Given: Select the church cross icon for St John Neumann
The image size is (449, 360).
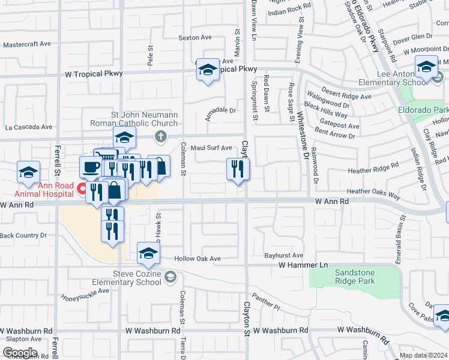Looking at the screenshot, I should tap(160, 136).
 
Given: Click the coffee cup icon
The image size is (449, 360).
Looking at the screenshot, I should tap(91, 167).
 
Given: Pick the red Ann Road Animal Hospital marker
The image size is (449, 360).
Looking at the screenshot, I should tap(81, 190).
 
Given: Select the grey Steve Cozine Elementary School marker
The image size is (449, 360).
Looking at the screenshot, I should tap(171, 277).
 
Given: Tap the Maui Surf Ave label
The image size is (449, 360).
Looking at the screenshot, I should tap(211, 148).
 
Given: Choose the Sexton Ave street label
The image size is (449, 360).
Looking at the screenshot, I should tap(195, 37).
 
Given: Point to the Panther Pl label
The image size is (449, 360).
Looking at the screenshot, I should tap(266, 301).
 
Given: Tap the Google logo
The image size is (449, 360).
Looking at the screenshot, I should tap(20, 353).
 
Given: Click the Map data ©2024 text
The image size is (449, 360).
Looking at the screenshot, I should tap(423, 355).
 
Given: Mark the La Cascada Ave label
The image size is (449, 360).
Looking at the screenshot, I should tap(29, 127).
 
